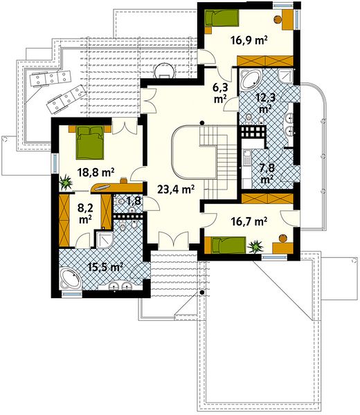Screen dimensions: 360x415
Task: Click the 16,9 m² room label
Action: (249, 41)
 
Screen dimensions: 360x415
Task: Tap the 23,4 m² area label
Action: (176, 190)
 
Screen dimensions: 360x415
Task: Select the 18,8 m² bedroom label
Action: (96, 172)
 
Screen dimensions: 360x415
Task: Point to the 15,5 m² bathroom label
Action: (105, 267)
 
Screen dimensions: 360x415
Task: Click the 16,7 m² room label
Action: (249, 221)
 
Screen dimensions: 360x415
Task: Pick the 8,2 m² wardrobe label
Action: (85, 213)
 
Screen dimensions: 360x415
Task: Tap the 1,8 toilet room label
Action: (134, 201)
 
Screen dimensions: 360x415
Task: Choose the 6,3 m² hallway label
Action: (220, 93)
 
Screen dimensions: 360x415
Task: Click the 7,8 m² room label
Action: (267, 174)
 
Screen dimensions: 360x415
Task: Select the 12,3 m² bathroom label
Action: (265, 103)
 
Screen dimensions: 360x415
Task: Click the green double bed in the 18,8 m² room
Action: (90, 142)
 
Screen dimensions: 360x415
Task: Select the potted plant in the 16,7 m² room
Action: (255, 246)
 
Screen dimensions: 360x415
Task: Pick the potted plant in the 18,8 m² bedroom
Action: (66, 183)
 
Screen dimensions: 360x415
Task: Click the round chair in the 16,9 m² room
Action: (278, 19)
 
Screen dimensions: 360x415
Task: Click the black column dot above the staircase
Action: (202, 122)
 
